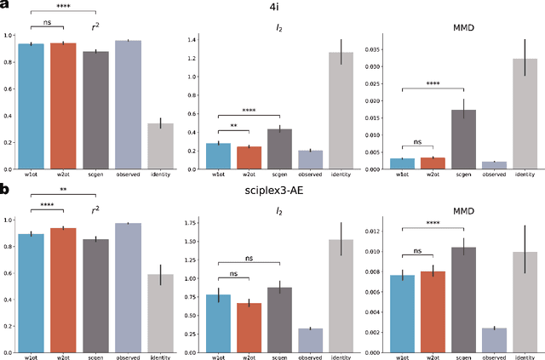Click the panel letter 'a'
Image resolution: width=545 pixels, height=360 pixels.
click(x=5, y=5)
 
